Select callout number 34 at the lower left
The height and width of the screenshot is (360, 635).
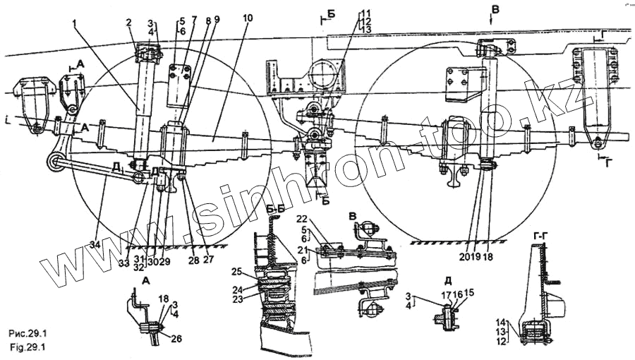coord(95,244)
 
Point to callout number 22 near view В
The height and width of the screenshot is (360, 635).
coord(322,217)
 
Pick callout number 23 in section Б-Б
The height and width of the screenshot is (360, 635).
coord(237,299)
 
